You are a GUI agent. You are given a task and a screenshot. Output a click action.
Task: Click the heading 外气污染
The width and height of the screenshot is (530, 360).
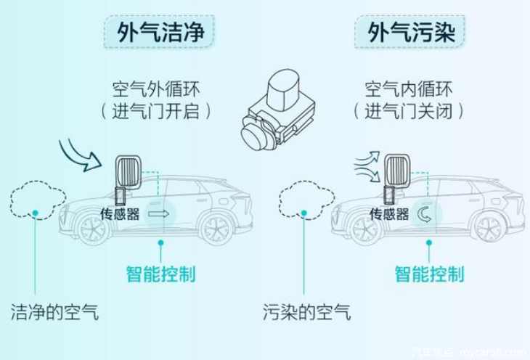pyautogui.click(x=411, y=32)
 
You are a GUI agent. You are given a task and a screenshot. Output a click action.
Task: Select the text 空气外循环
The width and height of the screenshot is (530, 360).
pyautogui.click(x=156, y=89)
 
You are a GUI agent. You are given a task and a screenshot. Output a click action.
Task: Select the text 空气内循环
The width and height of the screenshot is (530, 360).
pyautogui.click(x=409, y=89)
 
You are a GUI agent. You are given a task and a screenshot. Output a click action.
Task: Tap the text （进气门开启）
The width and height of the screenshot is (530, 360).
pyautogui.click(x=156, y=111)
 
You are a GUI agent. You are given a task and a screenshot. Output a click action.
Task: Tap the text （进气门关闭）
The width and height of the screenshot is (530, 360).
pyautogui.click(x=409, y=111)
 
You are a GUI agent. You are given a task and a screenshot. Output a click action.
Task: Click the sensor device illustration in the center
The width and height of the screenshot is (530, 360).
pyautogui.click(x=278, y=109)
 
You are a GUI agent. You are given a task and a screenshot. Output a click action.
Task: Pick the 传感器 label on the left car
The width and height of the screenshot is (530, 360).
pyautogui.click(x=120, y=214)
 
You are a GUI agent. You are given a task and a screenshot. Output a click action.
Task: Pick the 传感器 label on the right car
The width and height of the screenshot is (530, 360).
pyautogui.click(x=389, y=214)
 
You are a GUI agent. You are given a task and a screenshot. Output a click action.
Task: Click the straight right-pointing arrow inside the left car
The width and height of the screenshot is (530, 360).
pyautogui.click(x=158, y=213)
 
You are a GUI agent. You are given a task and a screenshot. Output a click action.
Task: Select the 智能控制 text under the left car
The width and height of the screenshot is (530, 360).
pyautogui.click(x=161, y=274)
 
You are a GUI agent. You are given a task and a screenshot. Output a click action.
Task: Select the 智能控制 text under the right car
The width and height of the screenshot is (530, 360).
pyautogui.click(x=430, y=274)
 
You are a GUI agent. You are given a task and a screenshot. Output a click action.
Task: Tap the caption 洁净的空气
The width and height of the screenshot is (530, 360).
pyautogui.click(x=54, y=311)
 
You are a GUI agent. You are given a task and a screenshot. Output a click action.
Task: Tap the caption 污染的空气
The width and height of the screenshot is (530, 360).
pyautogui.click(x=307, y=311)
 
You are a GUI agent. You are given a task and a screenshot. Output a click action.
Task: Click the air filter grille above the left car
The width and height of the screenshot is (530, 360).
pyautogui.click(x=129, y=172)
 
